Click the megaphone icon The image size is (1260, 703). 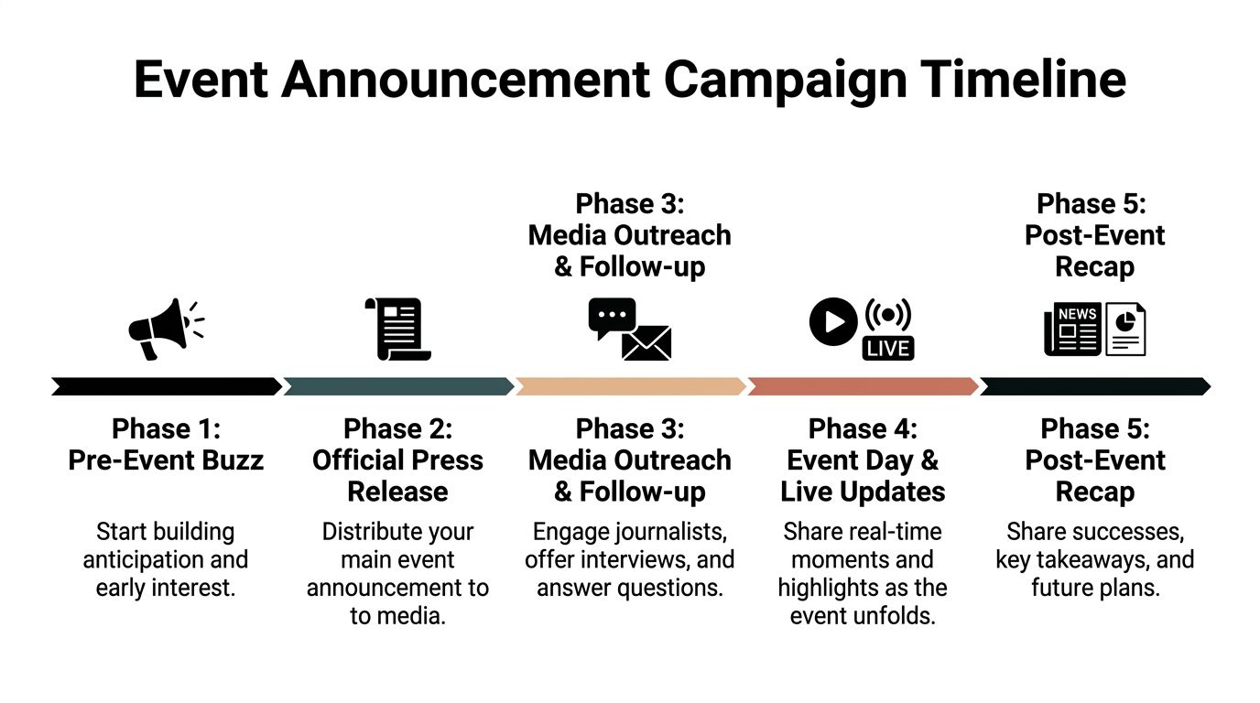[161, 329]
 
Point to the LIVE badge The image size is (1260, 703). [888, 349]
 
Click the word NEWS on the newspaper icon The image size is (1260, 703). [1077, 314]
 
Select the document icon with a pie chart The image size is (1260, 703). [1125, 330]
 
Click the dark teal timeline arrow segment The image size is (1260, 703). [398, 386]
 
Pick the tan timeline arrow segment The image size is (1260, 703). [630, 386]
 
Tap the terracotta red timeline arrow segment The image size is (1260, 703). [863, 386]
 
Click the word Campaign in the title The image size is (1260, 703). [786, 80]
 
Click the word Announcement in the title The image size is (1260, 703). [467, 80]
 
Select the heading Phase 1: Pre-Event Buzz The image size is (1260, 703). [166, 444]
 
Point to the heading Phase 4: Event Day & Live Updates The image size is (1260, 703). [863, 460]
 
